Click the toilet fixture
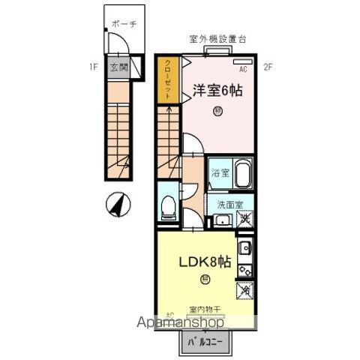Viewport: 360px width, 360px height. pyautogui.click(x=169, y=203)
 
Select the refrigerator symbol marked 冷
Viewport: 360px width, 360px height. pyautogui.click(x=245, y=289)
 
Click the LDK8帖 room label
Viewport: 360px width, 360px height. pyautogui.click(x=202, y=263)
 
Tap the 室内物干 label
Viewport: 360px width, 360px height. pyautogui.click(x=205, y=309)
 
